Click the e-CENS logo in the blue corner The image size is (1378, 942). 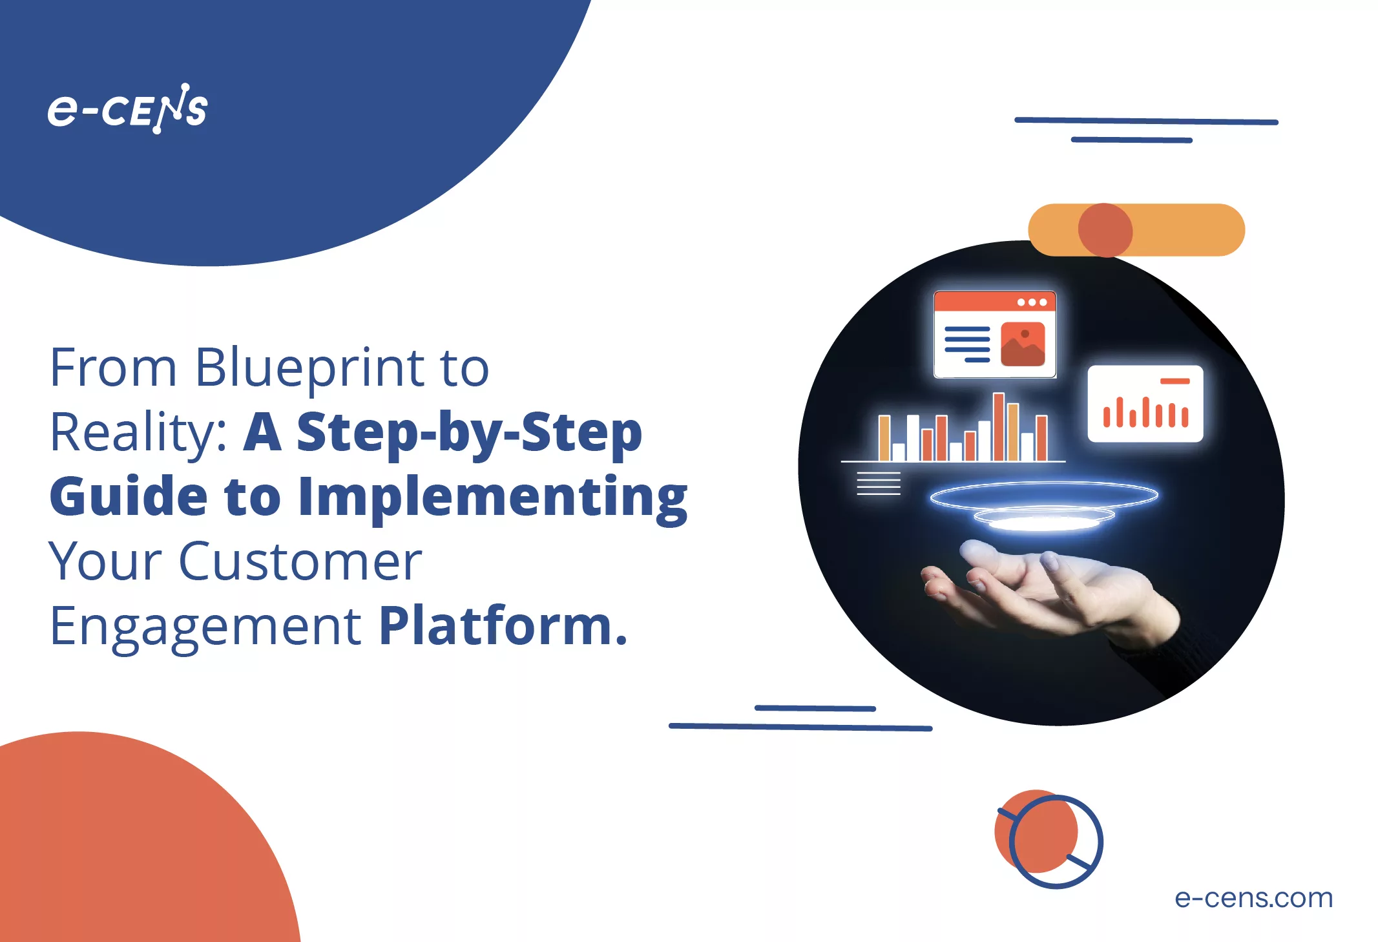[x=127, y=109]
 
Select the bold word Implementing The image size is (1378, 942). [x=492, y=496]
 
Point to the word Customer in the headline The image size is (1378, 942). [x=300, y=561]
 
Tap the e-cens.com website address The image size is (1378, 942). [x=1253, y=897]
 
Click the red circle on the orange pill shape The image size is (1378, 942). [x=1105, y=231]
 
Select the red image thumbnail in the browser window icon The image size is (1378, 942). [x=1023, y=344]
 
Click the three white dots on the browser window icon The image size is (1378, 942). [x=1032, y=302]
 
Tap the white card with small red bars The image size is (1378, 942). [x=1145, y=404]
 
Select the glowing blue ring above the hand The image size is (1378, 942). [x=1043, y=496]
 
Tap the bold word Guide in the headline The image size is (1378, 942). [x=129, y=496]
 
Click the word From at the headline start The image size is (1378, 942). [x=113, y=368]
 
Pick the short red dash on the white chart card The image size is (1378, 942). [x=1174, y=381]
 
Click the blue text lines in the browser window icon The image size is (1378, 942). [x=967, y=344]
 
